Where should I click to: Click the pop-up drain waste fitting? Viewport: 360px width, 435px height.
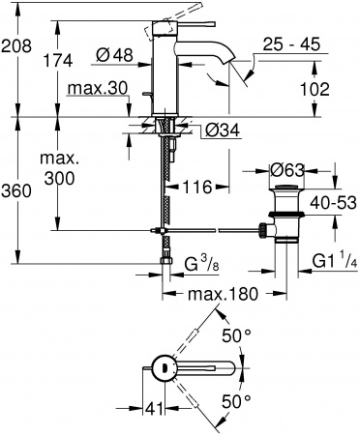click(x=287, y=217)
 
